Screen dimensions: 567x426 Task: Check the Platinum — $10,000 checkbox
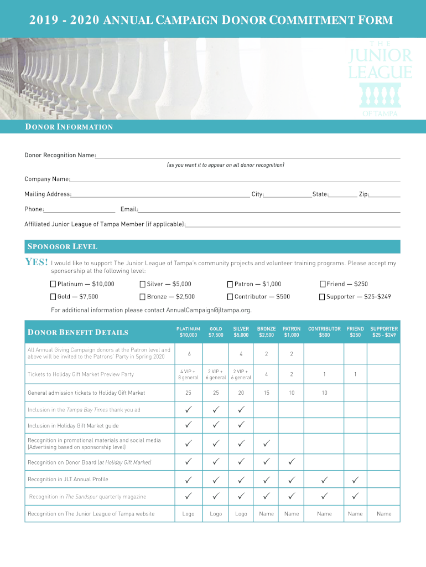coord(54,284)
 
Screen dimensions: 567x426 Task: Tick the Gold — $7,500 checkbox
coord(54,297)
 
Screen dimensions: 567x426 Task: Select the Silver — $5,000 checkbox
coord(143,284)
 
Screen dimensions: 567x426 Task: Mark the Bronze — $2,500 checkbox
coord(143,297)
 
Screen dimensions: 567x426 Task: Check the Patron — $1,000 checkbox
coord(230,284)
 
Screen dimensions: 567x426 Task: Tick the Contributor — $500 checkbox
coord(230,297)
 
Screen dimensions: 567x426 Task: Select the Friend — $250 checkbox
coord(323,284)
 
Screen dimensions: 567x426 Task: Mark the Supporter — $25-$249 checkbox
coord(323,297)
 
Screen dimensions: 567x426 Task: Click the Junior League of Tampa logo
coord(380,77)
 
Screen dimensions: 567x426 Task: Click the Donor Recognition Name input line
coord(248,156)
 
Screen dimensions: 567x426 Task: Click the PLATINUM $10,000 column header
coord(188,332)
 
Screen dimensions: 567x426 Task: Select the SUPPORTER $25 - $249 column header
coord(384,332)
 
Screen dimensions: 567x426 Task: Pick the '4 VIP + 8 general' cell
coord(188,374)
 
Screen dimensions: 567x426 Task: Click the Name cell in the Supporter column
coord(384,514)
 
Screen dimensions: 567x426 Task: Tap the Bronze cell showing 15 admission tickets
coord(266,393)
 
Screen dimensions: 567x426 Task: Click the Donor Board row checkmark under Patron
coord(292,462)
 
